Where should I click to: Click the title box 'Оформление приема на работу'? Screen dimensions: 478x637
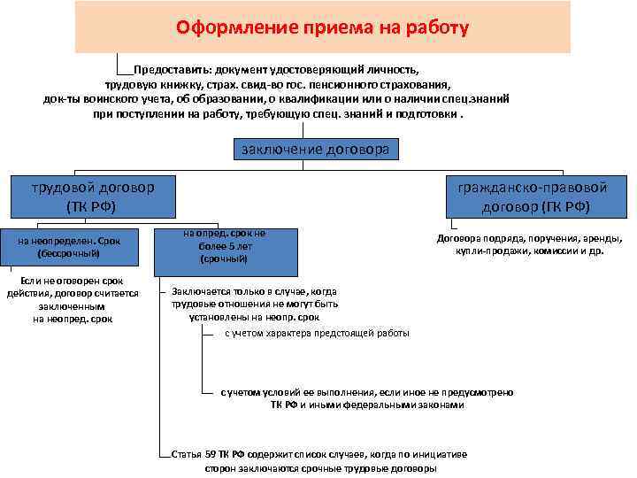coord(322,27)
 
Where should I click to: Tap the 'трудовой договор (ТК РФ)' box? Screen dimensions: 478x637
coord(92,197)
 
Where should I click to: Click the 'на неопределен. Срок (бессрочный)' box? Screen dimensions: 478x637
coord(68,245)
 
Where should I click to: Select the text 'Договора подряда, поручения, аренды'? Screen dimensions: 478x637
coord(529,238)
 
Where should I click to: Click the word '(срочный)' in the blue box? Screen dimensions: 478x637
coord(224,259)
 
